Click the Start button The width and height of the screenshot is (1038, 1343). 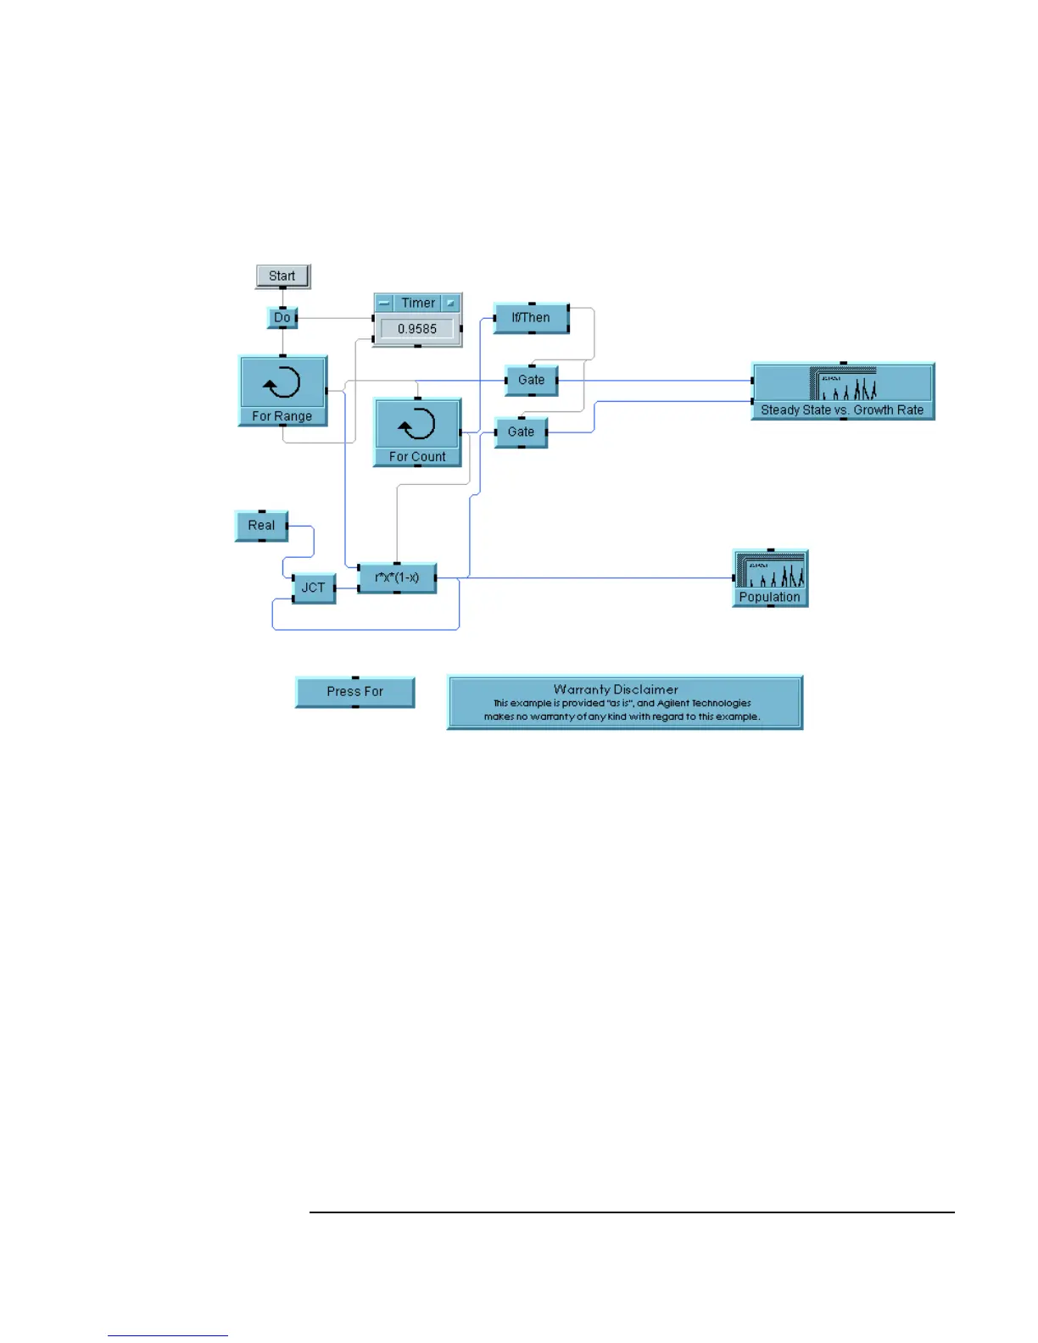(x=282, y=276)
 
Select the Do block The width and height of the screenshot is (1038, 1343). (x=282, y=318)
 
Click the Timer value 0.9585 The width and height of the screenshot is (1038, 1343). (x=417, y=329)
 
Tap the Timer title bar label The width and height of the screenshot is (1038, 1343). (x=418, y=303)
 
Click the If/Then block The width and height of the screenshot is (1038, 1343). (x=531, y=318)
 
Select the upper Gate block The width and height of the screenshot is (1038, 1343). (x=531, y=380)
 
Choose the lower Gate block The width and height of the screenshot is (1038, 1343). (x=521, y=432)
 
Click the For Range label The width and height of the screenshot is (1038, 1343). (x=282, y=416)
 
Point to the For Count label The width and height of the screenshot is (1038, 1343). (x=417, y=457)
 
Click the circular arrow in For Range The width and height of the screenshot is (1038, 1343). (x=282, y=383)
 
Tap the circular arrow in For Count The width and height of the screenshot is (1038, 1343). (x=417, y=425)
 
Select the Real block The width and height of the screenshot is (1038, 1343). (x=261, y=526)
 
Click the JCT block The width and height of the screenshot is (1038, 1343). (x=313, y=588)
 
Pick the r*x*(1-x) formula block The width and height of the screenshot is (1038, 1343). (x=397, y=577)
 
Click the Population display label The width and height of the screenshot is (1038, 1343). (x=769, y=597)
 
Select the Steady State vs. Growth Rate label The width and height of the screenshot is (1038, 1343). (x=842, y=410)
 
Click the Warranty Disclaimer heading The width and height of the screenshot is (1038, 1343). (x=616, y=689)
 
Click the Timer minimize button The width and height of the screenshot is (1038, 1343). (x=384, y=303)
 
